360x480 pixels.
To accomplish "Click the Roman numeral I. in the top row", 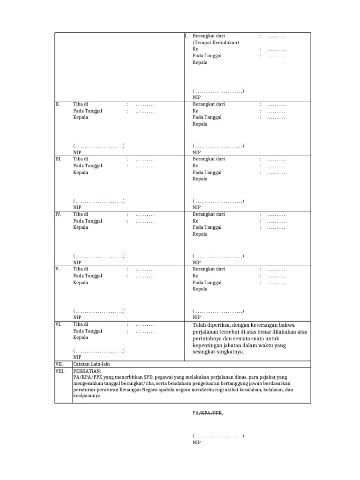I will (x=186, y=36).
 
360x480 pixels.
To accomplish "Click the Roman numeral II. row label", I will (x=58, y=104).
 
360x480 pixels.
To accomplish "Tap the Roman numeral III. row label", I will (x=59, y=159).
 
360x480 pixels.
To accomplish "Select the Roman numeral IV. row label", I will (x=59, y=214).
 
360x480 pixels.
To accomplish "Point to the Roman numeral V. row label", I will (x=57, y=269).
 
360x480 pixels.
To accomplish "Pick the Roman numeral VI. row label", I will (x=58, y=324).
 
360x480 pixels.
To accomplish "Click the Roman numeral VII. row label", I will (x=59, y=364).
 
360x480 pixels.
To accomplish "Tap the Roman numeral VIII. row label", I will (x=60, y=371).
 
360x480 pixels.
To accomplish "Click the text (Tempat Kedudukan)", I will (x=216, y=43).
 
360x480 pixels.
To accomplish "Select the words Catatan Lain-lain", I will (x=92, y=364).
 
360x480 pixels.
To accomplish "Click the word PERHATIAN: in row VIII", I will (x=87, y=371).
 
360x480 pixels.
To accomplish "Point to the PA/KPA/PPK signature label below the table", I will (x=208, y=413).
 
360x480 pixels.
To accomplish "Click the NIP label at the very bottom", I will (x=196, y=442).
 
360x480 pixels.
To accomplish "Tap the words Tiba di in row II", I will (x=81, y=104).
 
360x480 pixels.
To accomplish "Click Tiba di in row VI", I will (x=81, y=324).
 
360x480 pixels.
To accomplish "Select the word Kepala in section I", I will (x=200, y=62).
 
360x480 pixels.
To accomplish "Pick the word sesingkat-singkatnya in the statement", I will (x=218, y=352).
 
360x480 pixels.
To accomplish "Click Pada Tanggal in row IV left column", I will (x=88, y=221).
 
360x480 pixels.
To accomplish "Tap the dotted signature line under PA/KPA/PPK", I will (x=218, y=436).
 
